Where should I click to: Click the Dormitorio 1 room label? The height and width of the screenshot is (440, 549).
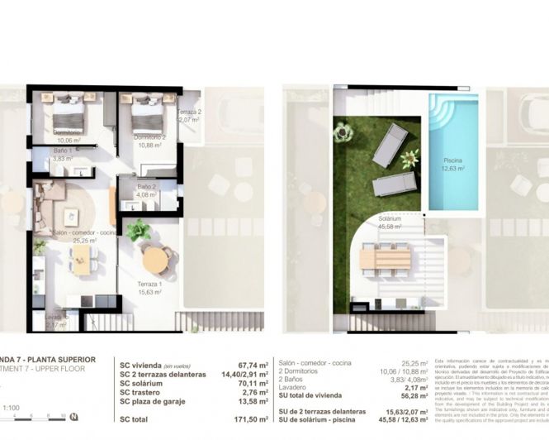pos(67,131)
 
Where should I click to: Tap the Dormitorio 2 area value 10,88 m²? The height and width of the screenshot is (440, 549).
pos(150,145)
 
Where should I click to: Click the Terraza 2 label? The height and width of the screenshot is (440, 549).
pos(189,112)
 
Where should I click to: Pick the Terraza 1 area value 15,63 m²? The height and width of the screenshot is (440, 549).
pos(149,292)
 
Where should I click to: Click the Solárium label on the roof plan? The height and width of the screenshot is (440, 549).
pos(390,218)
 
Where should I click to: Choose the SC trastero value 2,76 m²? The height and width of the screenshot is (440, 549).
pos(244,391)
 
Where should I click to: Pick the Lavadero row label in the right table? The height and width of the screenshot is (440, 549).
pos(293,387)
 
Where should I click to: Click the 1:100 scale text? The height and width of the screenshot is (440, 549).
pos(11,407)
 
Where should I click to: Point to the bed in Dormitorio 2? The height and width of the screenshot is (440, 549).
pos(144,108)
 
